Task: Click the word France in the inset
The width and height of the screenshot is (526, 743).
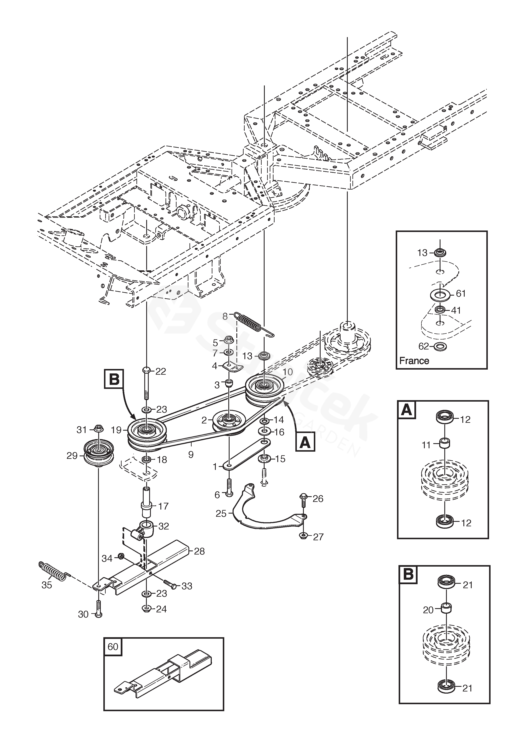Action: pos(414,361)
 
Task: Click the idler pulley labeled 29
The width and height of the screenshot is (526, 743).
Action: pos(98,453)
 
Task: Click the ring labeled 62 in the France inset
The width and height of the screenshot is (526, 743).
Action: pos(440,346)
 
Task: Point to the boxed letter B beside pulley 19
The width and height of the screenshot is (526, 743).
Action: pos(114,379)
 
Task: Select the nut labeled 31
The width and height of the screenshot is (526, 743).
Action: pos(98,429)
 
